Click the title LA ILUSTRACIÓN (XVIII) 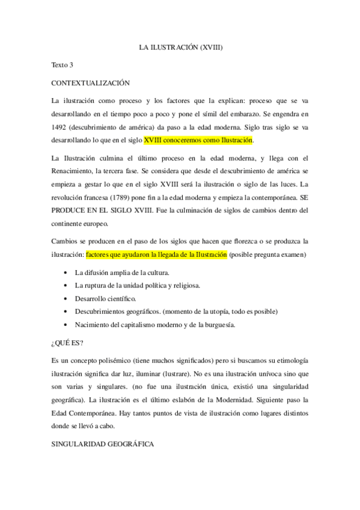180,46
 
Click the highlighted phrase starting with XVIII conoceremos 199,141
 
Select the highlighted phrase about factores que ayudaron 156,255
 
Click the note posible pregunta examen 268,255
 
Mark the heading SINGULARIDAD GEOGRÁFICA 102,444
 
